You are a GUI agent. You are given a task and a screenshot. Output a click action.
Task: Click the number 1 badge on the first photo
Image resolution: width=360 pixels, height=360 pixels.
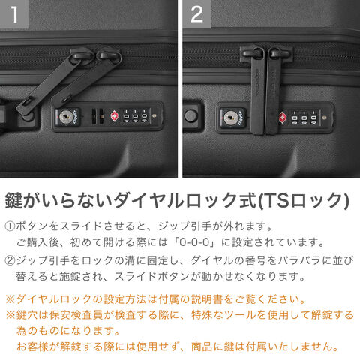coord(14,14)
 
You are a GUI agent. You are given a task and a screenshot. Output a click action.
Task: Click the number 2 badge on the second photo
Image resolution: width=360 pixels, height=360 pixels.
coord(196,14)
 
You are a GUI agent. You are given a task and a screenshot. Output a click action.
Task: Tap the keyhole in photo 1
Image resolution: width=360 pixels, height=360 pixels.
coord(66,117)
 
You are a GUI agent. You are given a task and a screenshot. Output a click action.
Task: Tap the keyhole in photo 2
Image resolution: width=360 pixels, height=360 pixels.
coord(231,118)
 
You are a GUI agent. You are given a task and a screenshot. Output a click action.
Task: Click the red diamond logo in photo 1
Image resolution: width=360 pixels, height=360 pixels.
coord(115,116)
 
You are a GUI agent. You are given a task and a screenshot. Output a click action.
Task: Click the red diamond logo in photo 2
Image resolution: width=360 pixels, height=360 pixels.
coord(282,117)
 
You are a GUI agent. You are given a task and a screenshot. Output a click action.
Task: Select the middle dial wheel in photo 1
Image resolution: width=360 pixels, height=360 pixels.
coord(135,116)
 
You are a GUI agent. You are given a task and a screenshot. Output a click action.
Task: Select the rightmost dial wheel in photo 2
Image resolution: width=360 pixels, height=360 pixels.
coord(313,117)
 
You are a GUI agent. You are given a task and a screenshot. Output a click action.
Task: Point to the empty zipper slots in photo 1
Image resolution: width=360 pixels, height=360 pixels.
coord(98,117)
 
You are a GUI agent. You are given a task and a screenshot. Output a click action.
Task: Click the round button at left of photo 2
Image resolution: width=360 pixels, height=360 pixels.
coord(191,115)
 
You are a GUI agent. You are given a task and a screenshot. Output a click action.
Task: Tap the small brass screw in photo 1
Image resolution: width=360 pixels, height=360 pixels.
coord(154,116)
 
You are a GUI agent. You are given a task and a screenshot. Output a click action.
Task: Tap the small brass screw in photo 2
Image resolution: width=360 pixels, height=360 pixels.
coord(325,117)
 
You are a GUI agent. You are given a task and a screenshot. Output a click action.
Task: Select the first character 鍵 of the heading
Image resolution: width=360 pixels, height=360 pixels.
coord(13,200)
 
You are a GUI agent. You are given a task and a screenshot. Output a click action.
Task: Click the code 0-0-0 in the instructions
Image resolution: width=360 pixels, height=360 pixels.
coord(194,242)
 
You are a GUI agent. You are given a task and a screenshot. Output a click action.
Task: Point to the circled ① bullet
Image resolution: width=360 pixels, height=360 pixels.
coord(10,226)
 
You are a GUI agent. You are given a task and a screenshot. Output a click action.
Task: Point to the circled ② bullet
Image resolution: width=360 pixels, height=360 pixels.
coord(10,261)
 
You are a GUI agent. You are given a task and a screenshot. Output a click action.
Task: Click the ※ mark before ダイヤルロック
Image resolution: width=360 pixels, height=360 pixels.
coord(10,299)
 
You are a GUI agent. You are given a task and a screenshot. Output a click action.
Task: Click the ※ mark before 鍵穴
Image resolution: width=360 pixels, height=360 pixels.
coord(10,315)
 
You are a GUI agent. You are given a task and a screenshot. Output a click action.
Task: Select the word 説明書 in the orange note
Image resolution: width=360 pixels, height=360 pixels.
coord(207,299)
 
